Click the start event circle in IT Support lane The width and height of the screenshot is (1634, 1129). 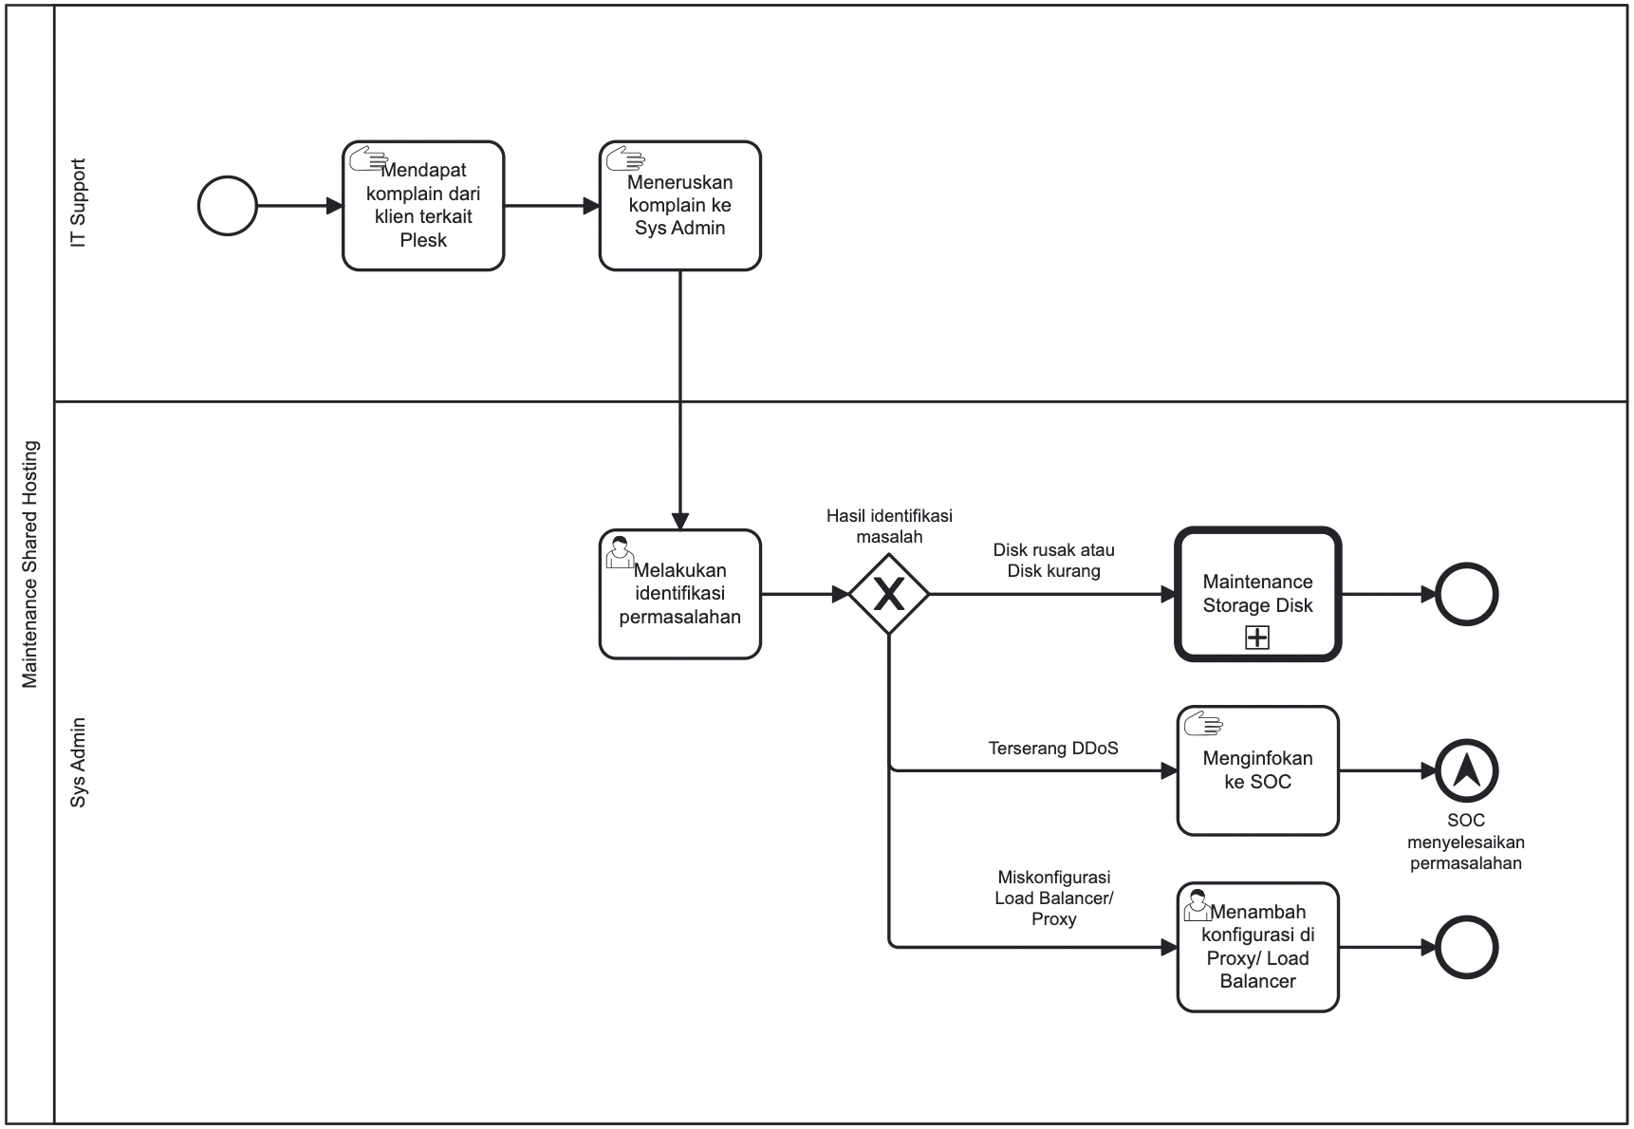[x=228, y=206]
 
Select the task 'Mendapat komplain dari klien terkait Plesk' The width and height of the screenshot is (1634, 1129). [x=423, y=206]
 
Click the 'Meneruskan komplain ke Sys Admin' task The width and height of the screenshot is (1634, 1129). [x=679, y=206]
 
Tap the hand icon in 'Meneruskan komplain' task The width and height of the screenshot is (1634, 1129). [x=625, y=158]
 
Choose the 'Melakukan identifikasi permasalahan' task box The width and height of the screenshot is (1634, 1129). [x=679, y=594]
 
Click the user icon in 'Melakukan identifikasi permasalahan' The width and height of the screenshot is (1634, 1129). [x=620, y=552]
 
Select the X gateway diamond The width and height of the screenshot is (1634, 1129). [x=888, y=595]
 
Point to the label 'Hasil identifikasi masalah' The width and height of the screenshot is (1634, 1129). [x=889, y=526]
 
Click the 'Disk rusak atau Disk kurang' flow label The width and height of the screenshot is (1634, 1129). [x=1053, y=560]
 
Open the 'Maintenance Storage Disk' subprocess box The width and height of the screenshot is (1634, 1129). [x=1257, y=594]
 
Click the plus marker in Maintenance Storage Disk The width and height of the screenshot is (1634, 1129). [x=1257, y=638]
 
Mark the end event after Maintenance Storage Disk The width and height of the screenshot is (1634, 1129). [x=1466, y=595]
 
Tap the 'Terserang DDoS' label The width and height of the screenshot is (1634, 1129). [x=1053, y=748]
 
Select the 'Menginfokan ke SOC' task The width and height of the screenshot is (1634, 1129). [x=1257, y=770]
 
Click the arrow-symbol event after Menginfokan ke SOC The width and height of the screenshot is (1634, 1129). [x=1466, y=770]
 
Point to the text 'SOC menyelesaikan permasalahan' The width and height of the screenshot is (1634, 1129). [x=1466, y=842]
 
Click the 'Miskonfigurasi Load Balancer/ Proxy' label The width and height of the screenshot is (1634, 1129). [x=1053, y=898]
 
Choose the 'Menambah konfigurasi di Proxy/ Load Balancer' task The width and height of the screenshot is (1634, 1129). [x=1257, y=947]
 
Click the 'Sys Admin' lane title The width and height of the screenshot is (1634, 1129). [x=79, y=762]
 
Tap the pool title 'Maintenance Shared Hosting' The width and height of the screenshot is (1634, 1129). [x=30, y=564]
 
